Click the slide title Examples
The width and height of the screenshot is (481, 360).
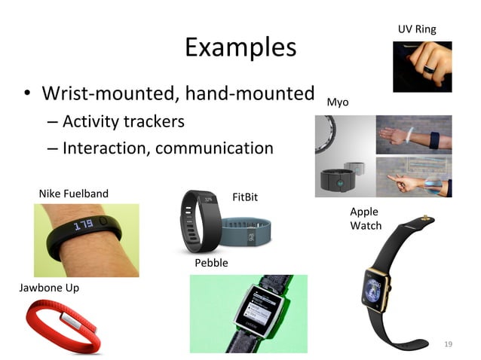[x=240, y=47]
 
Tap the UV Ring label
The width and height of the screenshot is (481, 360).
[x=417, y=29]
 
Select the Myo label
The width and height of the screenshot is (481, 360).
[x=338, y=102]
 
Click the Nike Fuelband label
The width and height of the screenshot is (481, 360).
[x=73, y=194]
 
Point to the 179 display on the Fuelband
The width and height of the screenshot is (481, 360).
[x=83, y=224]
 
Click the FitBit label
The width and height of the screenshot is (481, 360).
[x=245, y=197]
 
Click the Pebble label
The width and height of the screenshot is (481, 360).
[x=211, y=263]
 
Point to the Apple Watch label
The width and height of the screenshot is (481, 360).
[x=366, y=218]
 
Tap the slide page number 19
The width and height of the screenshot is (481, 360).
[x=449, y=344]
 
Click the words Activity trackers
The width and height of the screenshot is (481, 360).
[x=123, y=121]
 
